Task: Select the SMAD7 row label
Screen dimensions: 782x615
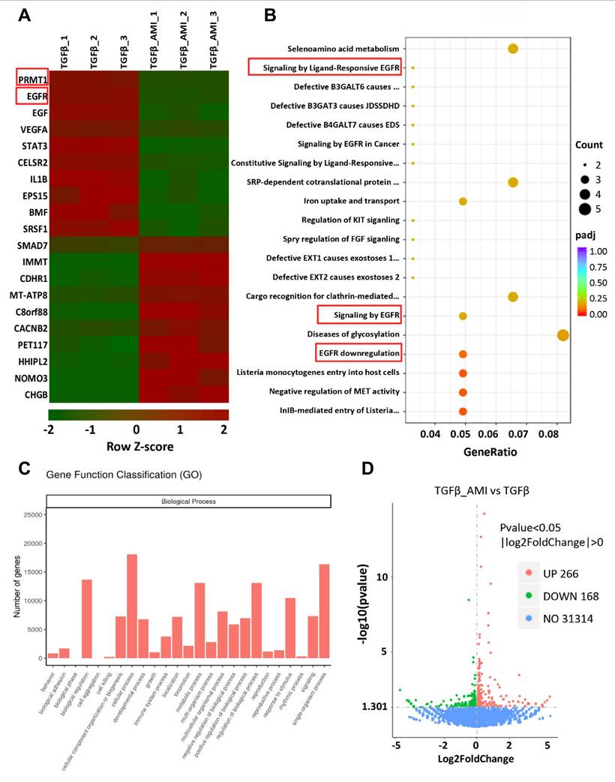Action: pyautogui.click(x=28, y=244)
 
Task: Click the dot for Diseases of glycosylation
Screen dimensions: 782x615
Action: pyautogui.click(x=562, y=334)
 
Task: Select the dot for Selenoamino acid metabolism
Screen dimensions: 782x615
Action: pyautogui.click(x=513, y=49)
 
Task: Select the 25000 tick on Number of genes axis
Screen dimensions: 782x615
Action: pyautogui.click(x=28, y=514)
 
